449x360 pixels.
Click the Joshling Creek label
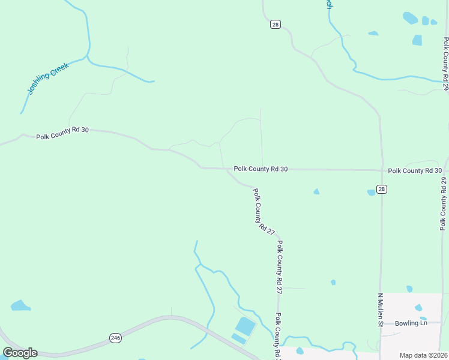click(49, 78)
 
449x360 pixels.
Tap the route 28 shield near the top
click(275, 25)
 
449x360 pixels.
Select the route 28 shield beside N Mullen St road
click(382, 189)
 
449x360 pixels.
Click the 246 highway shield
click(115, 338)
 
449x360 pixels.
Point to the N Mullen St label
click(380, 310)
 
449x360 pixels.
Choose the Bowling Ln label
click(411, 323)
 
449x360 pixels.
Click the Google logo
click(20, 353)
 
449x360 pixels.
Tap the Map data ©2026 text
click(423, 355)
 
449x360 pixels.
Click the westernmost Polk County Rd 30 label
click(62, 133)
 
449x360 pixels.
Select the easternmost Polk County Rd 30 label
click(415, 170)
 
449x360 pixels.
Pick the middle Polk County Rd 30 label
click(261, 169)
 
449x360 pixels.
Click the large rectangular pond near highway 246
click(245, 327)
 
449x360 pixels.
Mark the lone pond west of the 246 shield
click(20, 305)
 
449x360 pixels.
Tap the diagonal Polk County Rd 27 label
click(264, 211)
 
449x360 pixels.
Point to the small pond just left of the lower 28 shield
click(371, 193)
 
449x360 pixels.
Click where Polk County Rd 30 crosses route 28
click(381, 170)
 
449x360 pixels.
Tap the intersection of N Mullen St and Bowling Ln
click(381, 323)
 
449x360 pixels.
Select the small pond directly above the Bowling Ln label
click(418, 308)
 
